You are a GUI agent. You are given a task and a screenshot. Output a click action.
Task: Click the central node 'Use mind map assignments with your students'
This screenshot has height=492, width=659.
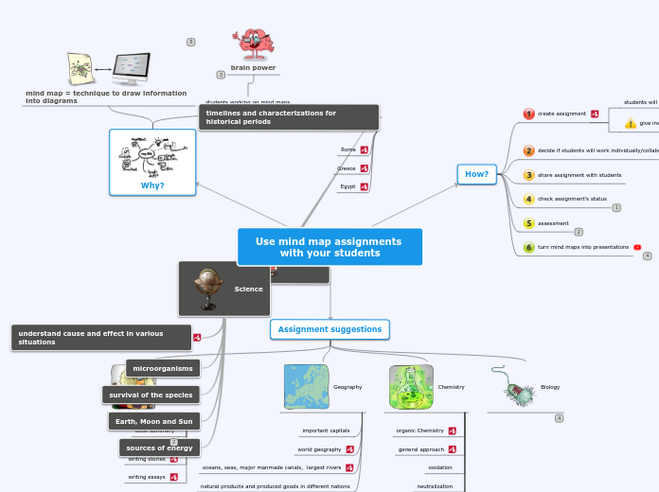[329, 247]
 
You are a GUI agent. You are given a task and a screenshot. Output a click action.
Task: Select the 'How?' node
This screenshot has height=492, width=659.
[476, 174]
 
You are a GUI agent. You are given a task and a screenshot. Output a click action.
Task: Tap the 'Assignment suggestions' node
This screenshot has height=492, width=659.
[329, 329]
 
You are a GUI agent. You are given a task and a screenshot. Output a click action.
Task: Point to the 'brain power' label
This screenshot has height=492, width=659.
[253, 68]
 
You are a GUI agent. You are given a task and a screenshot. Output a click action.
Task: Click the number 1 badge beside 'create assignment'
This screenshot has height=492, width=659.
[529, 114]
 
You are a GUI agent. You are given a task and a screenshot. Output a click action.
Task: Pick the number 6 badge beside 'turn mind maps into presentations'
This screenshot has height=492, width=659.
[529, 247]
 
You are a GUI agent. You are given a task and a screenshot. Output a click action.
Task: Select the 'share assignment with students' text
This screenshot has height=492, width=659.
[579, 175]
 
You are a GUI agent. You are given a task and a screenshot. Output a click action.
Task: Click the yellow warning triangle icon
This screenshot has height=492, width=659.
[630, 123]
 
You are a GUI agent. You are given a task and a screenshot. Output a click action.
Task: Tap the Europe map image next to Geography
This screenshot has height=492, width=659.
[306, 387]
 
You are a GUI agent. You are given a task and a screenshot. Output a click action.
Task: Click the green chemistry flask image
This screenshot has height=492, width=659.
[411, 387]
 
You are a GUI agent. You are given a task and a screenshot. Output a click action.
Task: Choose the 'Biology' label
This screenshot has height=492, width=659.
[550, 387]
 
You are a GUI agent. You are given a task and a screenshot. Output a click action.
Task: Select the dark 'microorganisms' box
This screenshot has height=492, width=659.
[163, 368]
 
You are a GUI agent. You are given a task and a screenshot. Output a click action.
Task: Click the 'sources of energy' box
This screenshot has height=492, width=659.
[159, 448]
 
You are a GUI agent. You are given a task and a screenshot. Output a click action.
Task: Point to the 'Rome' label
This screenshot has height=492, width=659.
[348, 149]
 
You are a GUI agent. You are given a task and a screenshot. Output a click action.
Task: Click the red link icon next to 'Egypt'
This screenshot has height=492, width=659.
[365, 186]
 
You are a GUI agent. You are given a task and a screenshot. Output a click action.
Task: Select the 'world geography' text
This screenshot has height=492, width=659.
[319, 449]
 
